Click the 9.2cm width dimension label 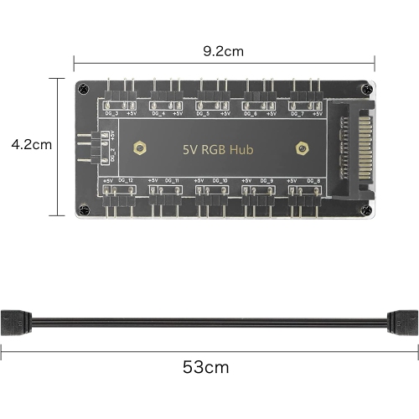[x=224, y=51]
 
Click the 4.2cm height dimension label [x=32, y=144]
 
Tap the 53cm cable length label [x=205, y=366]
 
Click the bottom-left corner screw [x=82, y=209]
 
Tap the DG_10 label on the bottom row [x=220, y=181]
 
